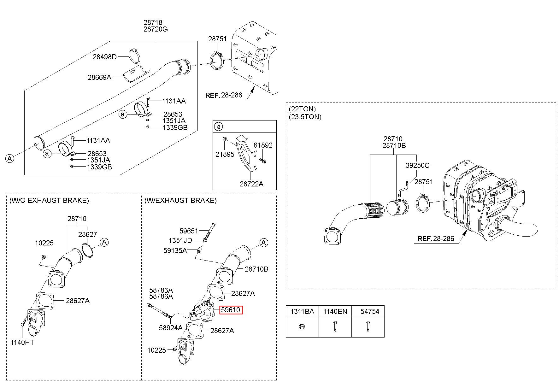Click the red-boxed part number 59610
pos(231,310)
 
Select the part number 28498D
pos(105,57)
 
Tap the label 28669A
pos(99,77)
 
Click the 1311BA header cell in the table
pos(302,312)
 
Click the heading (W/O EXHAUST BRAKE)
pos(49,200)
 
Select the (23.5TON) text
pos(305,117)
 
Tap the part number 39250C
pos(417,166)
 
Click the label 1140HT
pos(22,342)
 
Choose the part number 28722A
pos(251,184)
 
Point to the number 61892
pos(263,145)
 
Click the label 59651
pos(189,231)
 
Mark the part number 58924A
pos(171,328)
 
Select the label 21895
pos(225,155)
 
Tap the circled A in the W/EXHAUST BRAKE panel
pos(264,243)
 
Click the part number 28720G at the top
pos(156,29)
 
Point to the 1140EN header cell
pos(335,312)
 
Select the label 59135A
pos(175,250)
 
